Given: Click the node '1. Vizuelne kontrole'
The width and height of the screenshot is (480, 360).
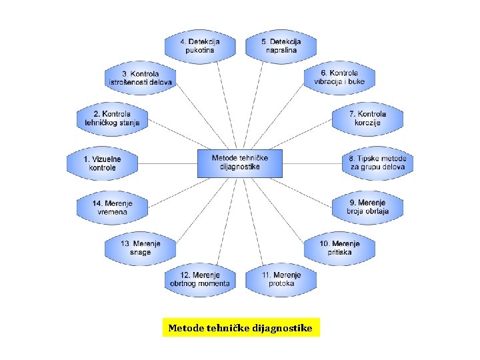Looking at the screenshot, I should (x=103, y=163).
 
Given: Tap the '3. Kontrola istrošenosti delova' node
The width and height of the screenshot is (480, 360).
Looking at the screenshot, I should (x=141, y=77).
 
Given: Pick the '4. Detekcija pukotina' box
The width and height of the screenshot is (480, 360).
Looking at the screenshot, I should (x=201, y=45).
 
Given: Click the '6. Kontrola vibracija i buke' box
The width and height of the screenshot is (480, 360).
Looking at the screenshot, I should (x=340, y=77).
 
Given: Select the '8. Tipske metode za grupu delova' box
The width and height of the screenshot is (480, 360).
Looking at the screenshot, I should (x=378, y=163).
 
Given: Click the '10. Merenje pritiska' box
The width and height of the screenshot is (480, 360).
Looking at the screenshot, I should (x=340, y=248).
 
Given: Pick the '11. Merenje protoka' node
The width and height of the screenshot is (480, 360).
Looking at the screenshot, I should (x=281, y=279).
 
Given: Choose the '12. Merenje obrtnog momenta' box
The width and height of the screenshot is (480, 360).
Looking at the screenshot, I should (x=200, y=279).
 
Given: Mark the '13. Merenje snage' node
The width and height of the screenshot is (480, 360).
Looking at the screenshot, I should (x=141, y=248).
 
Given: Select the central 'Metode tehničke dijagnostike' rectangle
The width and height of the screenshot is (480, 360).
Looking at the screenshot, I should (x=240, y=163).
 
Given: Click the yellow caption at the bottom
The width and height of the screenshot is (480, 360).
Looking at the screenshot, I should (x=241, y=328).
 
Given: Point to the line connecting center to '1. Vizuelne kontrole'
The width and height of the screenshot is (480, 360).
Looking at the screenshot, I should (x=168, y=163).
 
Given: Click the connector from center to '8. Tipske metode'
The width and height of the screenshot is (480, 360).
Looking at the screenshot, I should (x=312, y=163).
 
